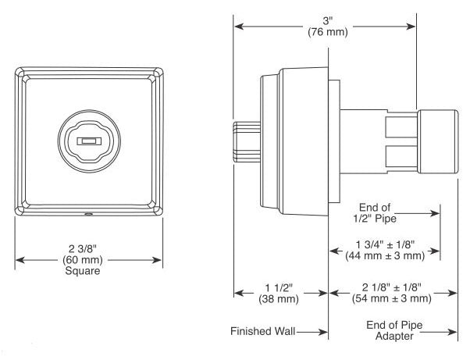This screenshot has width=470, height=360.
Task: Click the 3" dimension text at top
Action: coord(328,21)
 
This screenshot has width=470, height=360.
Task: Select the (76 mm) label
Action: coord(328,32)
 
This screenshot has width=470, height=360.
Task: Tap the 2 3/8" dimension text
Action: coord(83,248)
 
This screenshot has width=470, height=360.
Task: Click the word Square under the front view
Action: coord(83,271)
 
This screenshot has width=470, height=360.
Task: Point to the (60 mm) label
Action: coord(83,259)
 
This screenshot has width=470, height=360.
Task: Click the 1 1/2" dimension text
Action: coord(279,287)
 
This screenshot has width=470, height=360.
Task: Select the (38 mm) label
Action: coord(279,299)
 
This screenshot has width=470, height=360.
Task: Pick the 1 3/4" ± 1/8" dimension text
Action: coord(385,244)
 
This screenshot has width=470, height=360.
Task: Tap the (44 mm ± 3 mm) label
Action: coord(385,255)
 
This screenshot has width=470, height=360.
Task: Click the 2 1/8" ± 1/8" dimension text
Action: coord(392,287)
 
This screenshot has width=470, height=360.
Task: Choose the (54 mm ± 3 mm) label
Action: coord(392,298)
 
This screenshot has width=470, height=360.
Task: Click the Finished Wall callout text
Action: coord(263,331)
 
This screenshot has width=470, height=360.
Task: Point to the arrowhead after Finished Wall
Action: coord(323,332)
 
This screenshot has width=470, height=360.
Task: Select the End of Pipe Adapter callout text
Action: coord(394,330)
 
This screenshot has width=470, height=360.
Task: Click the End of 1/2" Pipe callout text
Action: coord(375,213)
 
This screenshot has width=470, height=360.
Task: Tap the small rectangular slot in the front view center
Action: coord(89,141)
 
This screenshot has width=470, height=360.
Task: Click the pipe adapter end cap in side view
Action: coord(438,141)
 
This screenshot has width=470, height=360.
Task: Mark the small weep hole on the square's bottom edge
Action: coord(88,214)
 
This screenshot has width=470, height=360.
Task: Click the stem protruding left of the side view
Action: coord(247,142)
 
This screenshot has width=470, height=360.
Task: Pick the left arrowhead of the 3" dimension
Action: coord(239,27)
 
